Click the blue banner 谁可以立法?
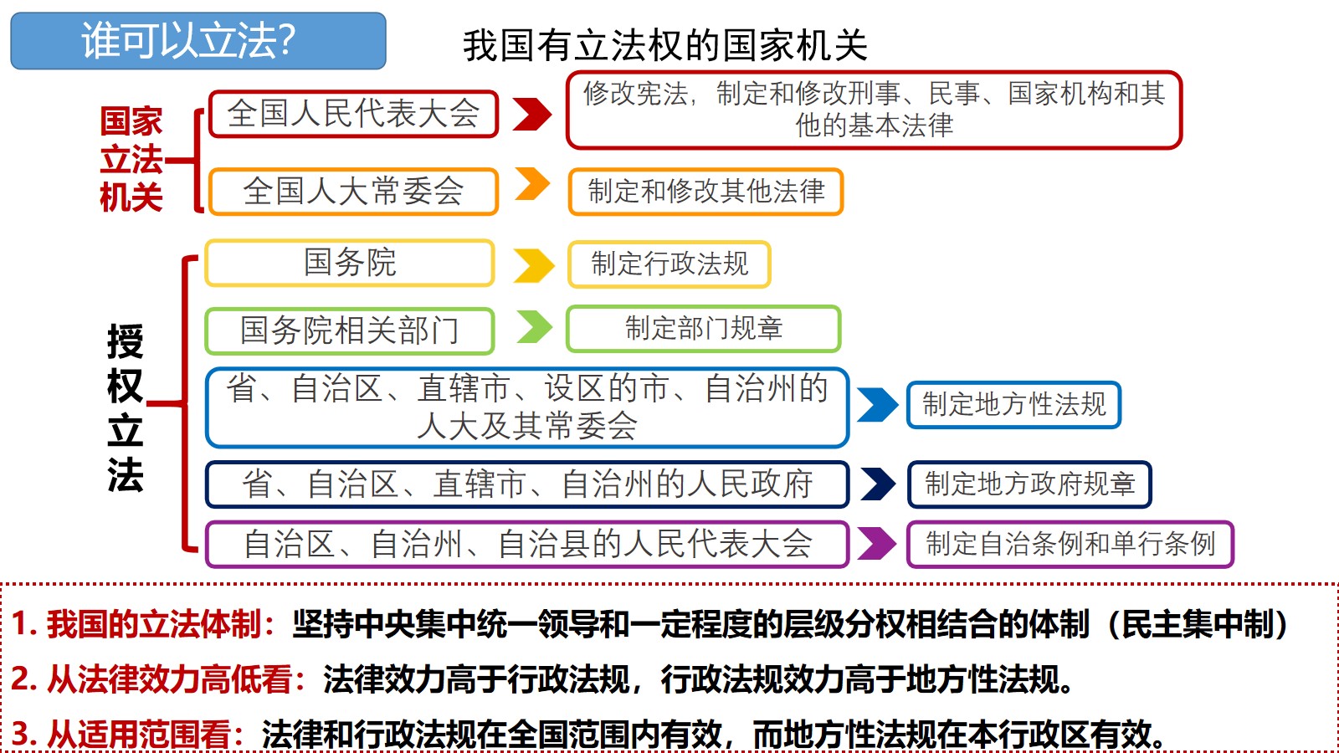(x=198, y=41)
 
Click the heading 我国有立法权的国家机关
(x=664, y=45)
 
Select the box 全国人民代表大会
(x=353, y=114)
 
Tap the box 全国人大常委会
(x=353, y=192)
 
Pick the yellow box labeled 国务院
(x=350, y=263)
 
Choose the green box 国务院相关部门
(x=350, y=330)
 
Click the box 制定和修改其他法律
(x=706, y=192)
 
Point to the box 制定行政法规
(x=669, y=264)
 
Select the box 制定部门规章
(x=704, y=328)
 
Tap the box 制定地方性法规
(x=1013, y=404)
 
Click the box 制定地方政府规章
(x=1029, y=484)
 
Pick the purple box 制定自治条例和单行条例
(x=1070, y=544)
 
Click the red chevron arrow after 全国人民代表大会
(x=532, y=114)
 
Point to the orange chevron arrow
(x=532, y=184)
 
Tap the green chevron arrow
(x=535, y=327)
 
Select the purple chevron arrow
(x=877, y=543)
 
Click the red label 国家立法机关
(x=131, y=159)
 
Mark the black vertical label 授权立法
(x=126, y=407)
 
